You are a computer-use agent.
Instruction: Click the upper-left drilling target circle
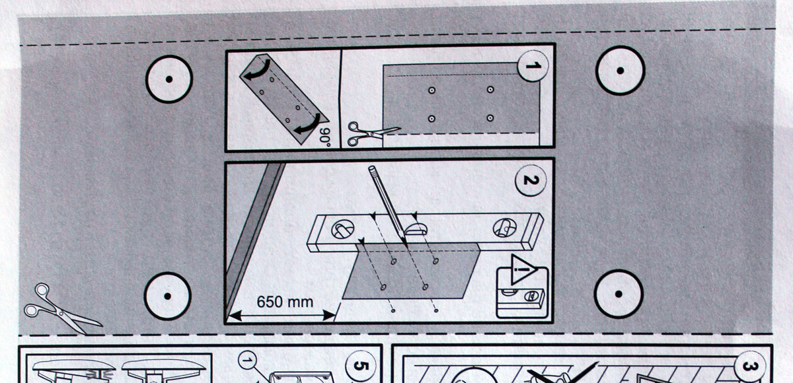[169, 79]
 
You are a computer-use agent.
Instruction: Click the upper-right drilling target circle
[620, 71]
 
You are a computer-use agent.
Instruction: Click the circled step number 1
[532, 66]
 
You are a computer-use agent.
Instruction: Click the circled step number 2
[530, 181]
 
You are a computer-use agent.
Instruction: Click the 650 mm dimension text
[280, 302]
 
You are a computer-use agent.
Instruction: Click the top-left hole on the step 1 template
[431, 90]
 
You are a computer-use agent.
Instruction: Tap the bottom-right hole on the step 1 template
[490, 118]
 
